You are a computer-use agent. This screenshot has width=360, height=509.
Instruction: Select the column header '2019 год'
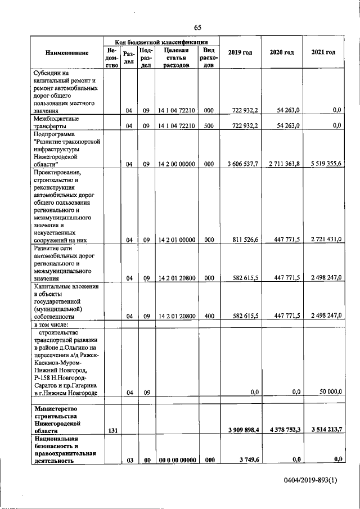[240, 53]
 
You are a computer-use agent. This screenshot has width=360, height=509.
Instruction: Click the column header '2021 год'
[323, 52]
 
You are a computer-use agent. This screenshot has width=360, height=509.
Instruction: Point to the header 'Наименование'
[67, 53]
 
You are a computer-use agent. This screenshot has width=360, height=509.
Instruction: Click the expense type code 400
[208, 316]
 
